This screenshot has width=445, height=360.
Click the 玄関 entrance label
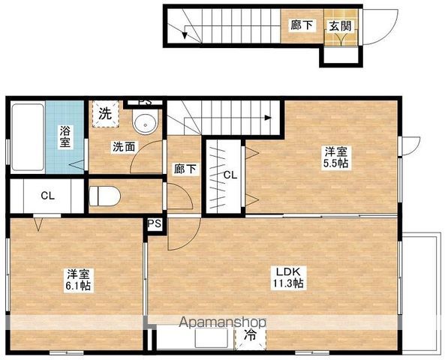click(x=338, y=24)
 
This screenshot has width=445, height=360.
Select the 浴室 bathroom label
click(x=65, y=135)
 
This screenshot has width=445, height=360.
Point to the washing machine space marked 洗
click(x=106, y=114)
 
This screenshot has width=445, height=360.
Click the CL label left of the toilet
click(x=47, y=196)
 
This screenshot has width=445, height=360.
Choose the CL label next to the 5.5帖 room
click(x=230, y=175)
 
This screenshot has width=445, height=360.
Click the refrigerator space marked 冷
click(x=251, y=337)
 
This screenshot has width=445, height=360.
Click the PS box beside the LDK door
click(x=155, y=223)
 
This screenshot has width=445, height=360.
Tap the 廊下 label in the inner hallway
click(x=185, y=169)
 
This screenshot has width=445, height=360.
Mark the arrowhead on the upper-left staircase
click(x=184, y=31)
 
